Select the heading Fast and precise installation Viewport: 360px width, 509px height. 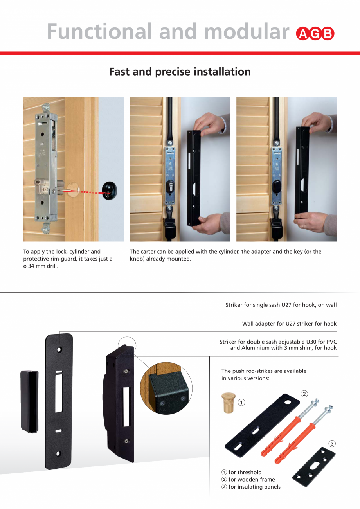pyautogui.click(x=180, y=72)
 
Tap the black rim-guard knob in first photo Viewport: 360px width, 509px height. pyautogui.click(x=110, y=191)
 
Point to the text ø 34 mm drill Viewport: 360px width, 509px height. pyautogui.click(x=41, y=266)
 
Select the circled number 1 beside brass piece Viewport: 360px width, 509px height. pyautogui.click(x=242, y=402)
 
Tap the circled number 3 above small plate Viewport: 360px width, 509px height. pyautogui.click(x=332, y=444)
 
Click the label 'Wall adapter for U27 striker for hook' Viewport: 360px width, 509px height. pyautogui.click(x=289, y=324)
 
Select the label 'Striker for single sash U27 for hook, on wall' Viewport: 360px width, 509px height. pyautogui.click(x=281, y=305)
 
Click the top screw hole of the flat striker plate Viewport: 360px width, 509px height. pyautogui.click(x=59, y=349)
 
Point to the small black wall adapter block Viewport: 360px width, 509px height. pyautogui.click(x=29, y=401)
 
